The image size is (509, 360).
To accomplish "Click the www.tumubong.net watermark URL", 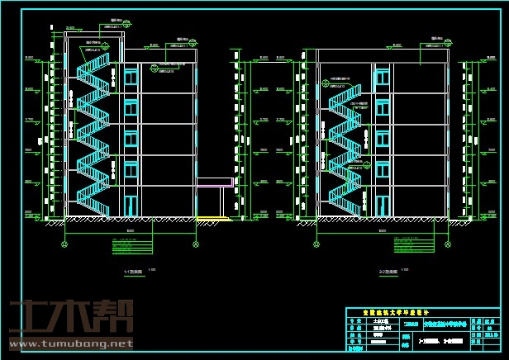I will point(70,343).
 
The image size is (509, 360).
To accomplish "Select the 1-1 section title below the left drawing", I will point(133,271).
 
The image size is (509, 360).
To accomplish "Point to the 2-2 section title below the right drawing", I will point(389,271).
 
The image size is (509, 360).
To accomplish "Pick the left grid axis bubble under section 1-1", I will point(65,244).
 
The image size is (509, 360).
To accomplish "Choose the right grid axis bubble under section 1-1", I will point(196,244).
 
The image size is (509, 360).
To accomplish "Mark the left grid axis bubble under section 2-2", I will point(317,244).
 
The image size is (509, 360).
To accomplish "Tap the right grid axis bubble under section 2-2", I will point(449,244).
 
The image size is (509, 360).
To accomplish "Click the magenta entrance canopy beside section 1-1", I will point(214,182).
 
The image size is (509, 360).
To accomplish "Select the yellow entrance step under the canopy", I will point(213,219).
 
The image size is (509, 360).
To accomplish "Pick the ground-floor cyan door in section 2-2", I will point(382,205).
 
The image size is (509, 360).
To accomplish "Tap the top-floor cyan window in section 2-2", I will point(382,77).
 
